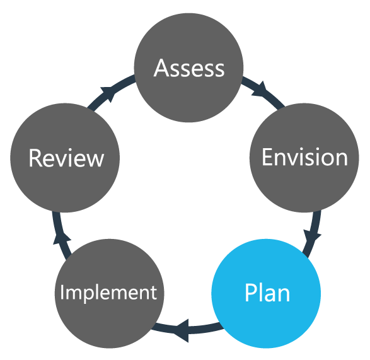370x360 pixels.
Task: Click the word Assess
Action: [x=189, y=67]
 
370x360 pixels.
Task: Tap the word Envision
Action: [x=304, y=157]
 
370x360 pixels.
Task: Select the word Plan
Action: [x=267, y=293]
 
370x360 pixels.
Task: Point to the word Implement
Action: [x=108, y=293]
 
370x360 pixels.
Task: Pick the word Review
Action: [x=66, y=158]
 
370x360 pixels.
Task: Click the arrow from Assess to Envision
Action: [x=258, y=90]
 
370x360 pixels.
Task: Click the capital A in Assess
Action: [x=162, y=67]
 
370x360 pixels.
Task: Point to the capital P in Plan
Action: [x=250, y=293]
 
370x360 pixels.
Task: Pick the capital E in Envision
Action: [x=268, y=157]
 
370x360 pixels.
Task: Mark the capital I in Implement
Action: [x=62, y=292]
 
